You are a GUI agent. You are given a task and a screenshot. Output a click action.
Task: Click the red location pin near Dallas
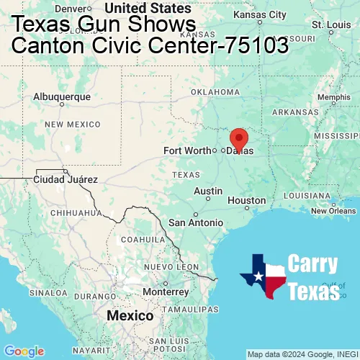[x=238, y=138]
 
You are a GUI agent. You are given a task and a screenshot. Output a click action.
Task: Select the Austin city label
[x=208, y=191]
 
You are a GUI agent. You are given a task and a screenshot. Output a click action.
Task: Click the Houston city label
[x=246, y=200]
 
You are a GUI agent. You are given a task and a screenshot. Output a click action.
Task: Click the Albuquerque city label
[x=62, y=96]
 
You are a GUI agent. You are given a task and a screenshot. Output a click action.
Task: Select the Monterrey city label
[x=166, y=292]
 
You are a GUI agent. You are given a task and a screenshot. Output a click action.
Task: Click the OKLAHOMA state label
[x=215, y=92]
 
